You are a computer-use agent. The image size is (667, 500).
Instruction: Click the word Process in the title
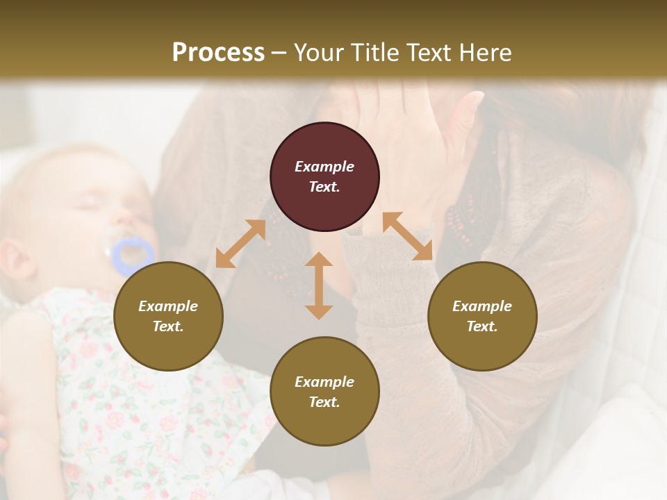pos(218,53)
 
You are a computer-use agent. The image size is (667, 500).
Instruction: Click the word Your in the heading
pos(319,53)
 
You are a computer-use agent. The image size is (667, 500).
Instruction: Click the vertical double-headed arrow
pos(319,285)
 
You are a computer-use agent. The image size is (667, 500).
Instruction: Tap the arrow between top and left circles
pos(240,244)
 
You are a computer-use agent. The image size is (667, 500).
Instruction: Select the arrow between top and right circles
pos(407,237)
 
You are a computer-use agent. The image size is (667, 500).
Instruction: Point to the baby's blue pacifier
pos(132,255)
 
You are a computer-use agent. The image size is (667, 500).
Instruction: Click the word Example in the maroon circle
pos(324,167)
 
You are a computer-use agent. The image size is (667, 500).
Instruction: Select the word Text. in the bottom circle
pos(324,402)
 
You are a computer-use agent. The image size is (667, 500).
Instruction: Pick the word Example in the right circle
pos(482,306)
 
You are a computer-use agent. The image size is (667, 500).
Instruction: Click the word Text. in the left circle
pos(168,326)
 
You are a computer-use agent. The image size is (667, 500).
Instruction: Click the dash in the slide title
pos(279,53)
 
